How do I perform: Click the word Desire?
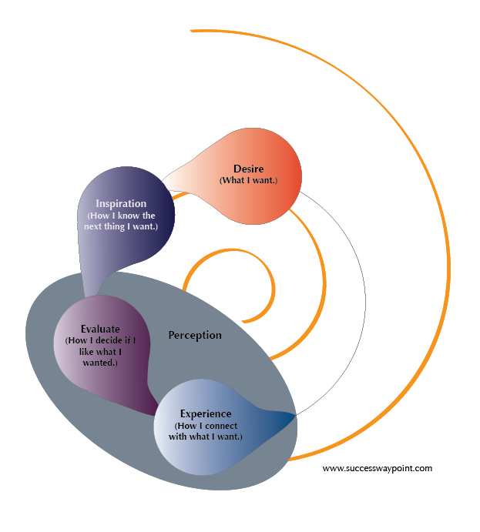click(x=248, y=168)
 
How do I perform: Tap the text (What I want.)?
click(x=248, y=180)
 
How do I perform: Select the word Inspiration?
click(x=121, y=204)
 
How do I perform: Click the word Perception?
click(x=195, y=335)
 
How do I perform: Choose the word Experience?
click(x=206, y=414)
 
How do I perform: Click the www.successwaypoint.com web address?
click(x=378, y=467)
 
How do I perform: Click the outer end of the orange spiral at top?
click(x=191, y=31)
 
